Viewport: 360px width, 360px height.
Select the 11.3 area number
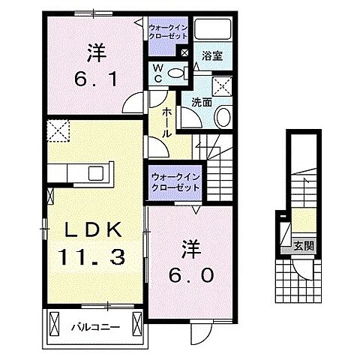tap(91, 258)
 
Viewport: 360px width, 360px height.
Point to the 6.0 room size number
tap(190, 274)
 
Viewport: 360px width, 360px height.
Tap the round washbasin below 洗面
tap(223, 117)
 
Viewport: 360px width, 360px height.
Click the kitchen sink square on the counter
tap(97, 173)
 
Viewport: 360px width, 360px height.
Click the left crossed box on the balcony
tap(54, 325)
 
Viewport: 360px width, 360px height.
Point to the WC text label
tap(158, 76)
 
